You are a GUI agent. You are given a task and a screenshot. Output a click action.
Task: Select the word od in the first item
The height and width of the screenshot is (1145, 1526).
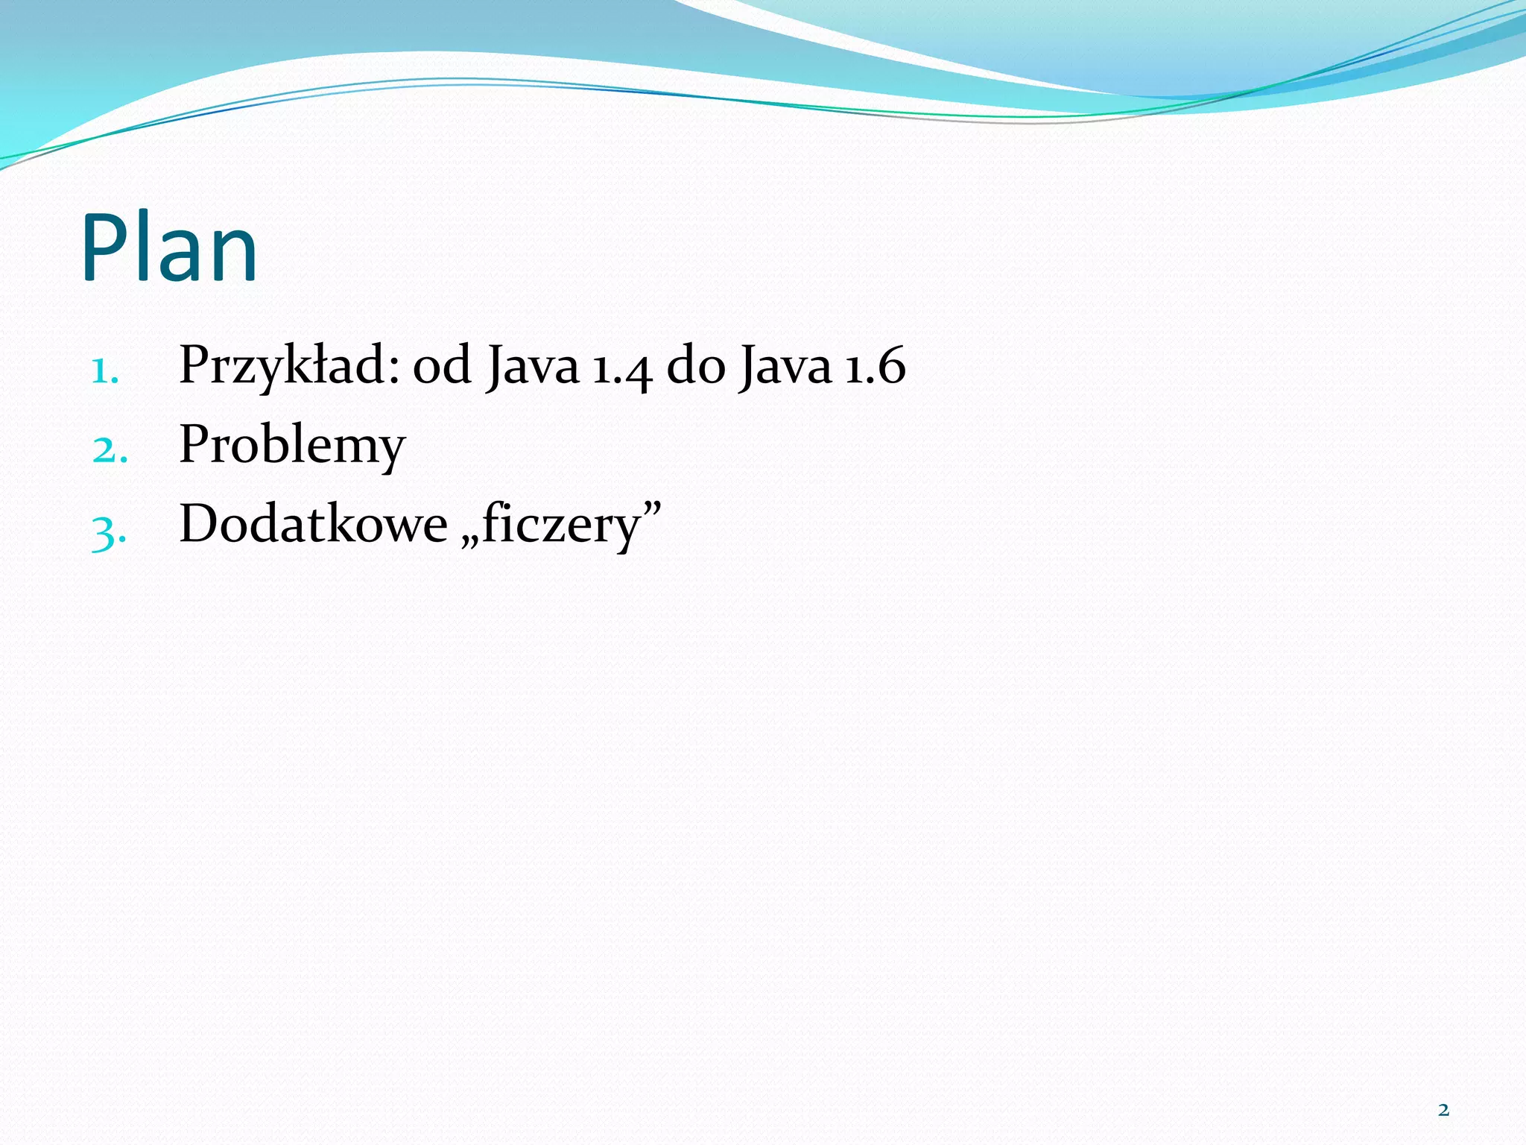point(442,366)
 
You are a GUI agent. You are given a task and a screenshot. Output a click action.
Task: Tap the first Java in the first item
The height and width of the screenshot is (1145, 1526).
point(533,366)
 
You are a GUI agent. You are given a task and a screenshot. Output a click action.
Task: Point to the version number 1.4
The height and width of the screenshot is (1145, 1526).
point(622,368)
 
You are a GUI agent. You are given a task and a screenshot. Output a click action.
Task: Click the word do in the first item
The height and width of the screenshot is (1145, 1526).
point(695,366)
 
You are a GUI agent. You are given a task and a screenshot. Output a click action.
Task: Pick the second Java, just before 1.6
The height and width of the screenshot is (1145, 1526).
point(785,366)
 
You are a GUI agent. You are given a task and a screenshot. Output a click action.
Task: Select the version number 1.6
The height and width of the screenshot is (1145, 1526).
point(875,366)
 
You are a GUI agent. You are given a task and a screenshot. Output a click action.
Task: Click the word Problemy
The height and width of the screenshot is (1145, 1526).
point(292,446)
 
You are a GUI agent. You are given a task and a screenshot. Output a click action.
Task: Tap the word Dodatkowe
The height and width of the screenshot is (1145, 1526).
point(313,524)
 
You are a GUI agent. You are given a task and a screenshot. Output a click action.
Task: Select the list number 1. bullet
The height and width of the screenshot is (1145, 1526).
point(105,370)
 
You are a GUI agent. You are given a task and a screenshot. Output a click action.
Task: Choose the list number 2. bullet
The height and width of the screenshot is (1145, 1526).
point(110,450)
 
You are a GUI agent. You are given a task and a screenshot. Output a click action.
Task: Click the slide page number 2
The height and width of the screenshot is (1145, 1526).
point(1443,1110)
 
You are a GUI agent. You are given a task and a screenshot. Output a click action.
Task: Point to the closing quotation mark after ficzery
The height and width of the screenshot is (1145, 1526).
point(652,509)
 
